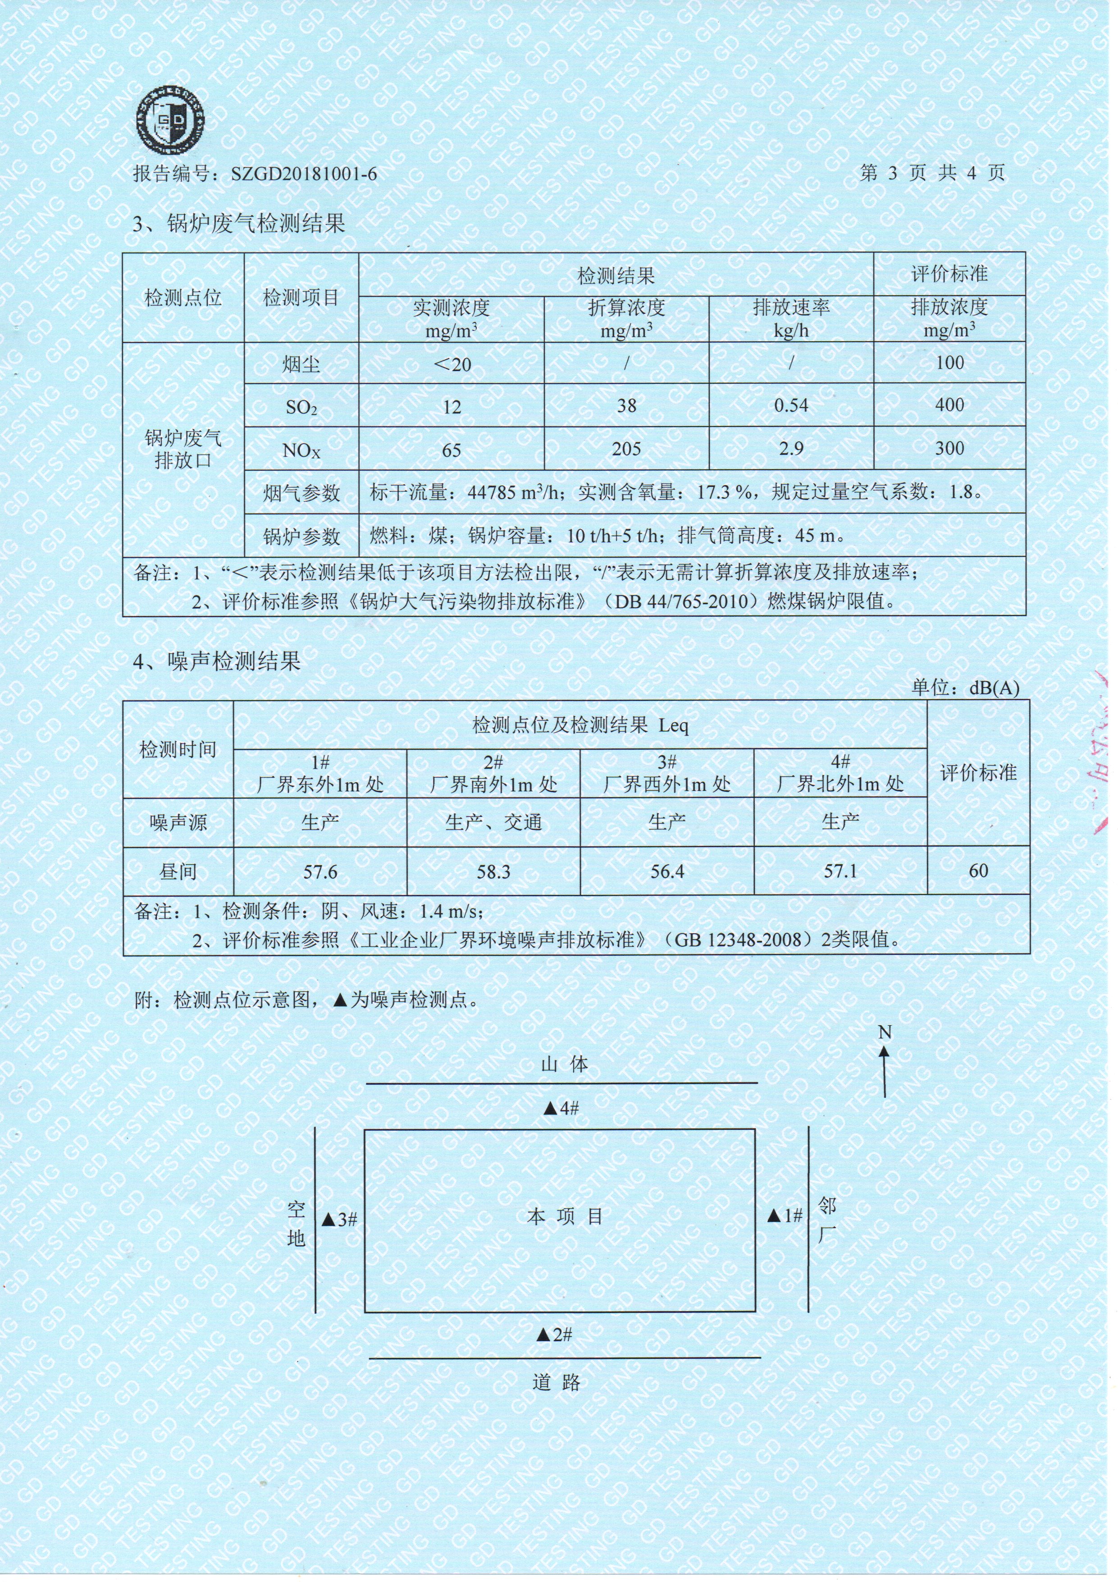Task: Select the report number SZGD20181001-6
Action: [x=304, y=174]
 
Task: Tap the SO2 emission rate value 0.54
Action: [x=791, y=405]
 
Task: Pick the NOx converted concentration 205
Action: [x=626, y=449]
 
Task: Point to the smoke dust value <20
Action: [x=452, y=364]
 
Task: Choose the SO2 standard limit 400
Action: [x=949, y=405]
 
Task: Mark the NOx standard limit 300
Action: [x=949, y=449]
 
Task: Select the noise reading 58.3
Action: [x=493, y=872]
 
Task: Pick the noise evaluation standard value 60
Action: [x=978, y=871]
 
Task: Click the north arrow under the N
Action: [x=885, y=1073]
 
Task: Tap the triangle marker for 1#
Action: [x=774, y=1216]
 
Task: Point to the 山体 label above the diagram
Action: [x=565, y=1064]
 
